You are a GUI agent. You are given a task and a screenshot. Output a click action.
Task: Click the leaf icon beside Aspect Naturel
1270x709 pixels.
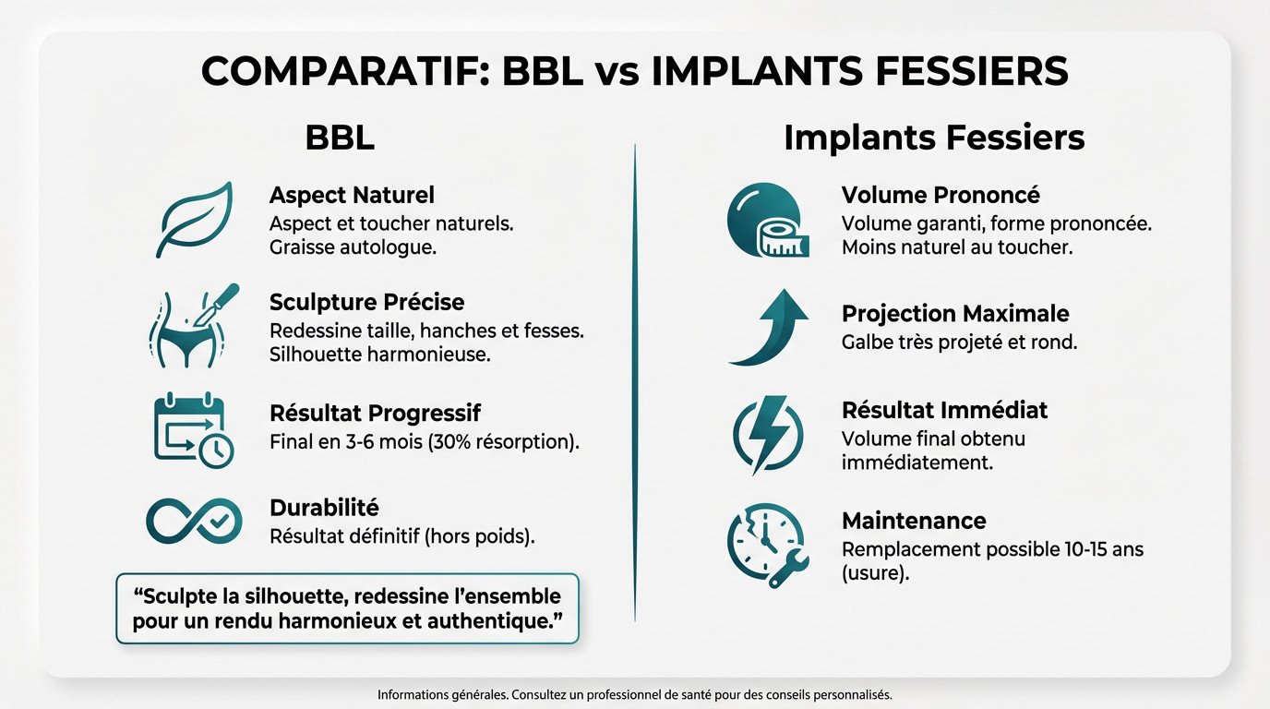click(x=195, y=220)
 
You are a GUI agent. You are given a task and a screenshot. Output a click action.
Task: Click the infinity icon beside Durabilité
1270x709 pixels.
click(x=194, y=520)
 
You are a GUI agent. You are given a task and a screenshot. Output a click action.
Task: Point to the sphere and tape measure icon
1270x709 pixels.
click(x=768, y=221)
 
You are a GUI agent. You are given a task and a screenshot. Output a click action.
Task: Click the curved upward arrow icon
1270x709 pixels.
click(x=768, y=327)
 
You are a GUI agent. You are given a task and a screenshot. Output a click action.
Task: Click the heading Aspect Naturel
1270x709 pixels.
click(x=352, y=196)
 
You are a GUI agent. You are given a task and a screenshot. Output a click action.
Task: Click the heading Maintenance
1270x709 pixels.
click(x=914, y=521)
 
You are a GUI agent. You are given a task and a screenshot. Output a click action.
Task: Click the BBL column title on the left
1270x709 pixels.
click(x=340, y=138)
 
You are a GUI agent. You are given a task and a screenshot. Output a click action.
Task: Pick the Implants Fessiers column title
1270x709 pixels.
click(x=934, y=138)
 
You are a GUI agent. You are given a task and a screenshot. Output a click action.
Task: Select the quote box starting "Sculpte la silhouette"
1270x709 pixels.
click(x=347, y=607)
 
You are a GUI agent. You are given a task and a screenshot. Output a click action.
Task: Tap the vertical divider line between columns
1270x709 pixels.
click(x=635, y=379)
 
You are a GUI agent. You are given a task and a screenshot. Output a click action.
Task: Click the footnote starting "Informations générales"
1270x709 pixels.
click(x=635, y=695)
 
